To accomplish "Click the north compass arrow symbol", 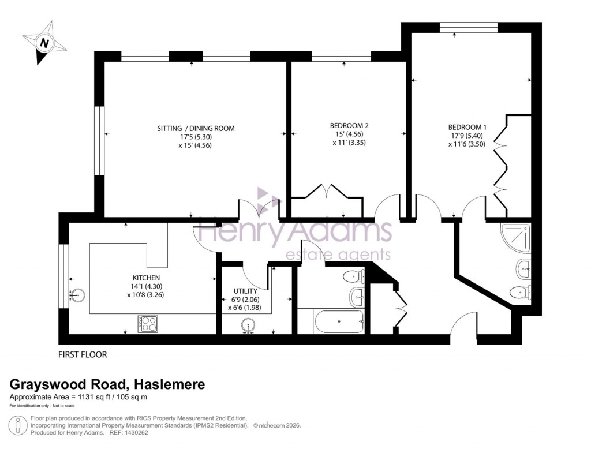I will (43, 42).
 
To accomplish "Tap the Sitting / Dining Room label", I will (196, 128).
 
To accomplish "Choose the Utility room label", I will (241, 291).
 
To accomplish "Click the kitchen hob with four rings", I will (147, 323).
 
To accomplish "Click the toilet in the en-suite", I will (519, 292).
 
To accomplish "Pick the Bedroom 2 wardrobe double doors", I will (327, 192).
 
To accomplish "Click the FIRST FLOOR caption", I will (83, 354).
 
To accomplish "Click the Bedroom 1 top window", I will (468, 27).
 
